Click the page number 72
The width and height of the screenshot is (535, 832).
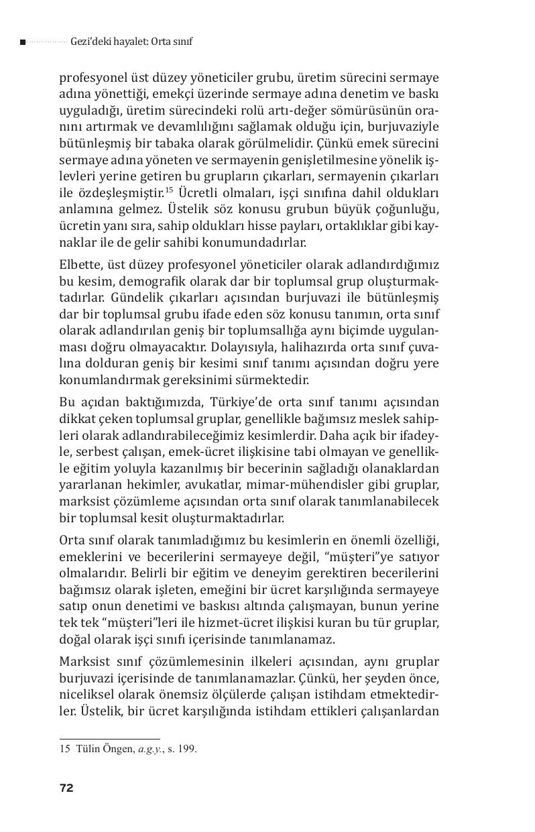point(66,788)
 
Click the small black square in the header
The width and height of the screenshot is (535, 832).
point(23,42)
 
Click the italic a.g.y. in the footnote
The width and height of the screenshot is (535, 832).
point(151,749)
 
